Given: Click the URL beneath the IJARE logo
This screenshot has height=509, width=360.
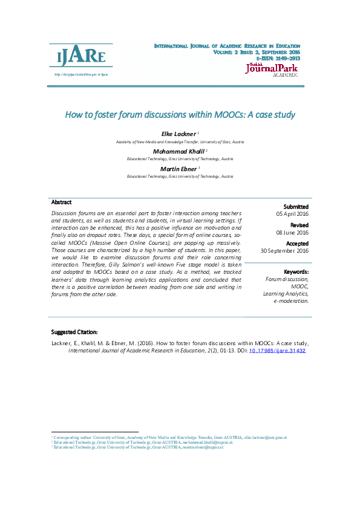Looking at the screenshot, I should (80, 75).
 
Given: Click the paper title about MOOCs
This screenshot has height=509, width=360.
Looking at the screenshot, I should (180, 114).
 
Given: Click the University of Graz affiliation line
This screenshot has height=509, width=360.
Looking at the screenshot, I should (180, 141).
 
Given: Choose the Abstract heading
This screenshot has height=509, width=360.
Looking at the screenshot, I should (62, 203).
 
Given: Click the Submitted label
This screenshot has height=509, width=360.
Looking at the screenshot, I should (296, 207).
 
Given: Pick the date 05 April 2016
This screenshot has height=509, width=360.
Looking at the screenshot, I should (292, 214).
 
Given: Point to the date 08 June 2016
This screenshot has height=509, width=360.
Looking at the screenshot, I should (292, 232).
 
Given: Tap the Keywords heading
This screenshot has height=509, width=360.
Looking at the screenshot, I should (296, 272).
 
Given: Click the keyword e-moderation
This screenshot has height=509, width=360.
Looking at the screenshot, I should (291, 300).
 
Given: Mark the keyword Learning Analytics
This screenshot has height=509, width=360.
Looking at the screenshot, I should (286, 293).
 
